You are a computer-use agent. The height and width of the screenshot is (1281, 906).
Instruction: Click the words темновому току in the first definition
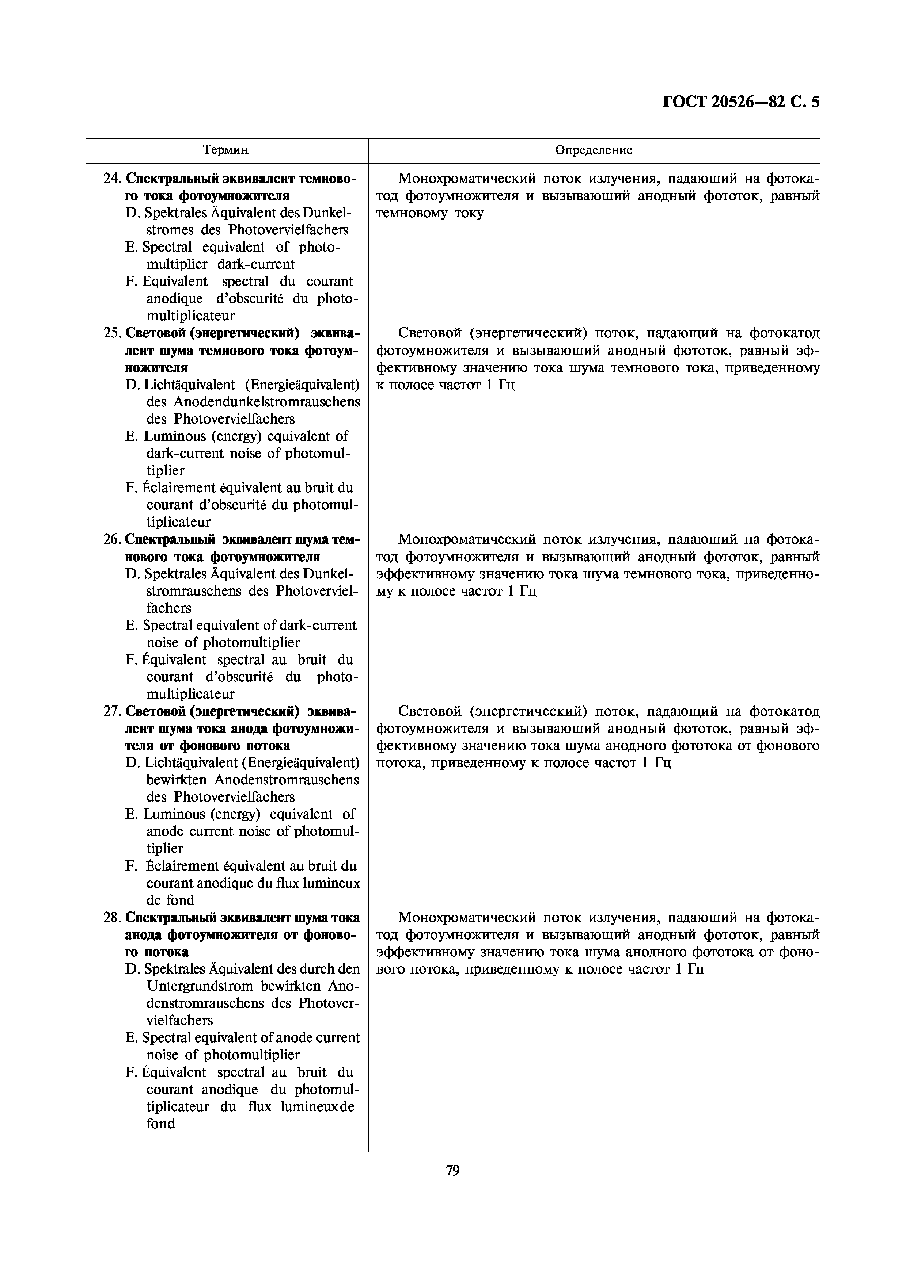[430, 214]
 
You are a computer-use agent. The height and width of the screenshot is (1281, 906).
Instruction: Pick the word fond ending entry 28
[161, 1124]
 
